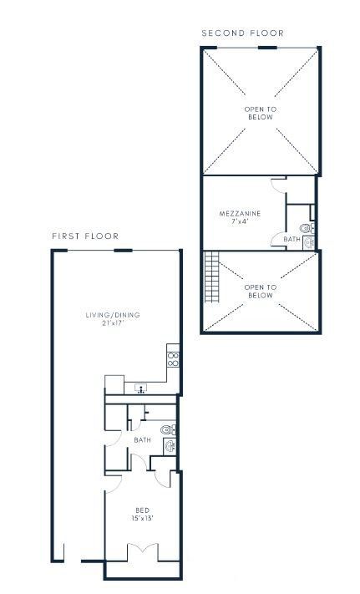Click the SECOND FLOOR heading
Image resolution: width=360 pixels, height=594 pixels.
(243, 33)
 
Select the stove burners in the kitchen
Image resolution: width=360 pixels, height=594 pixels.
(173, 360)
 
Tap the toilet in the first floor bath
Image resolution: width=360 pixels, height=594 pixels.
(167, 429)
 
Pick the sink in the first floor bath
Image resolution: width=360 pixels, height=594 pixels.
(170, 445)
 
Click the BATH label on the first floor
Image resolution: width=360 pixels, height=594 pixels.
(142, 439)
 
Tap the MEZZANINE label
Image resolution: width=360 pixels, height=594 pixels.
(240, 214)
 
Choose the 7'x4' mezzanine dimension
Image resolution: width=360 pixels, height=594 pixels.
(241, 223)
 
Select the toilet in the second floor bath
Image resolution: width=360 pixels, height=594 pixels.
(306, 227)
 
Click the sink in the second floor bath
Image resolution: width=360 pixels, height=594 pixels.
(309, 243)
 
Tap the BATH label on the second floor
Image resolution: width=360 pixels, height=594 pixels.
(291, 240)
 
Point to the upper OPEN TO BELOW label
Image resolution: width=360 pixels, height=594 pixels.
(260, 114)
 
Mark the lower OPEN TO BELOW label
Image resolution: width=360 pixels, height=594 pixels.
(260, 292)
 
